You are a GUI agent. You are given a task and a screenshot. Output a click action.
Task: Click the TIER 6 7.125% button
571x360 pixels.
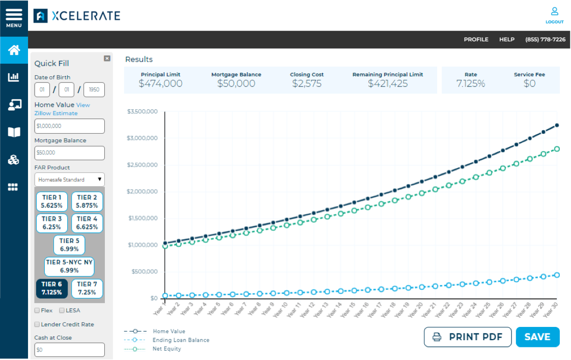52,289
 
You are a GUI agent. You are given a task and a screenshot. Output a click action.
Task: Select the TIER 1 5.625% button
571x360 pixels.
52,202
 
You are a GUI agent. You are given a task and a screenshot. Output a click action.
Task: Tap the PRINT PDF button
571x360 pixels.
467,337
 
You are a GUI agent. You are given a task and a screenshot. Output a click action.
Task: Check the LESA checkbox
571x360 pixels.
62,310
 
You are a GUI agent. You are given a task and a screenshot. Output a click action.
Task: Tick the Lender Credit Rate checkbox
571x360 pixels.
37,324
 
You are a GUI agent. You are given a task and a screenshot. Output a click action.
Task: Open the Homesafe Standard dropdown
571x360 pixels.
69,179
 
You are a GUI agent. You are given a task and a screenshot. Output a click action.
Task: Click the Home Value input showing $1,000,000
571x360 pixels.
69,126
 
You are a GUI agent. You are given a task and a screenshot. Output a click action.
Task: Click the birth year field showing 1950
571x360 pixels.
94,90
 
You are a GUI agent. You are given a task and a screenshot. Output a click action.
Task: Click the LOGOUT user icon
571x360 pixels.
554,14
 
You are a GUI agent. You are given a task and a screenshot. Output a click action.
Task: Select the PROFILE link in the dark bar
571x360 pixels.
476,40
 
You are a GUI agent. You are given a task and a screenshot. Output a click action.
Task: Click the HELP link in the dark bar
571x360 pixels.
506,40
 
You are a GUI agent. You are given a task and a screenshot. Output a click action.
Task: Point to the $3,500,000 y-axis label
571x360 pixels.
143,111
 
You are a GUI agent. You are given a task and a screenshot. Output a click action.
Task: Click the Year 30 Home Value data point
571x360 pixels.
557,125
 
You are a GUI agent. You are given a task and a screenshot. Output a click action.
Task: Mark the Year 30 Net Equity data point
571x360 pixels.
557,149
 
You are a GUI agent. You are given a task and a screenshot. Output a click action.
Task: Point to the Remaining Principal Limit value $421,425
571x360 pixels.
388,84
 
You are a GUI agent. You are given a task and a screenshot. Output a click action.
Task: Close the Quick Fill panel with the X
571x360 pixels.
107,58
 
